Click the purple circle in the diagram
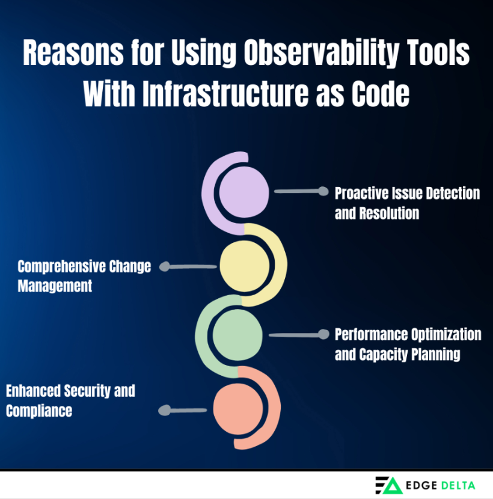[x=244, y=192]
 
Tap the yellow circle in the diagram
[x=245, y=266]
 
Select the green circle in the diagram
[x=237, y=335]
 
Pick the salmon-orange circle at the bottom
[x=238, y=409]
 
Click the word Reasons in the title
[x=73, y=52]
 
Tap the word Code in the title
[x=381, y=94]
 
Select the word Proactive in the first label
[x=361, y=193]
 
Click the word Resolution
[x=389, y=213]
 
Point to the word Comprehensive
[x=62, y=267]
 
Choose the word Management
[x=55, y=286]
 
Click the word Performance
[x=372, y=334]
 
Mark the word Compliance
[x=39, y=411]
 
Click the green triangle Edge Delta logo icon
[x=392, y=486]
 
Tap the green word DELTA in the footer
[x=458, y=485]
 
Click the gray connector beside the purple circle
[x=301, y=191]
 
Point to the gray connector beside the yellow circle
[x=188, y=266]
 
